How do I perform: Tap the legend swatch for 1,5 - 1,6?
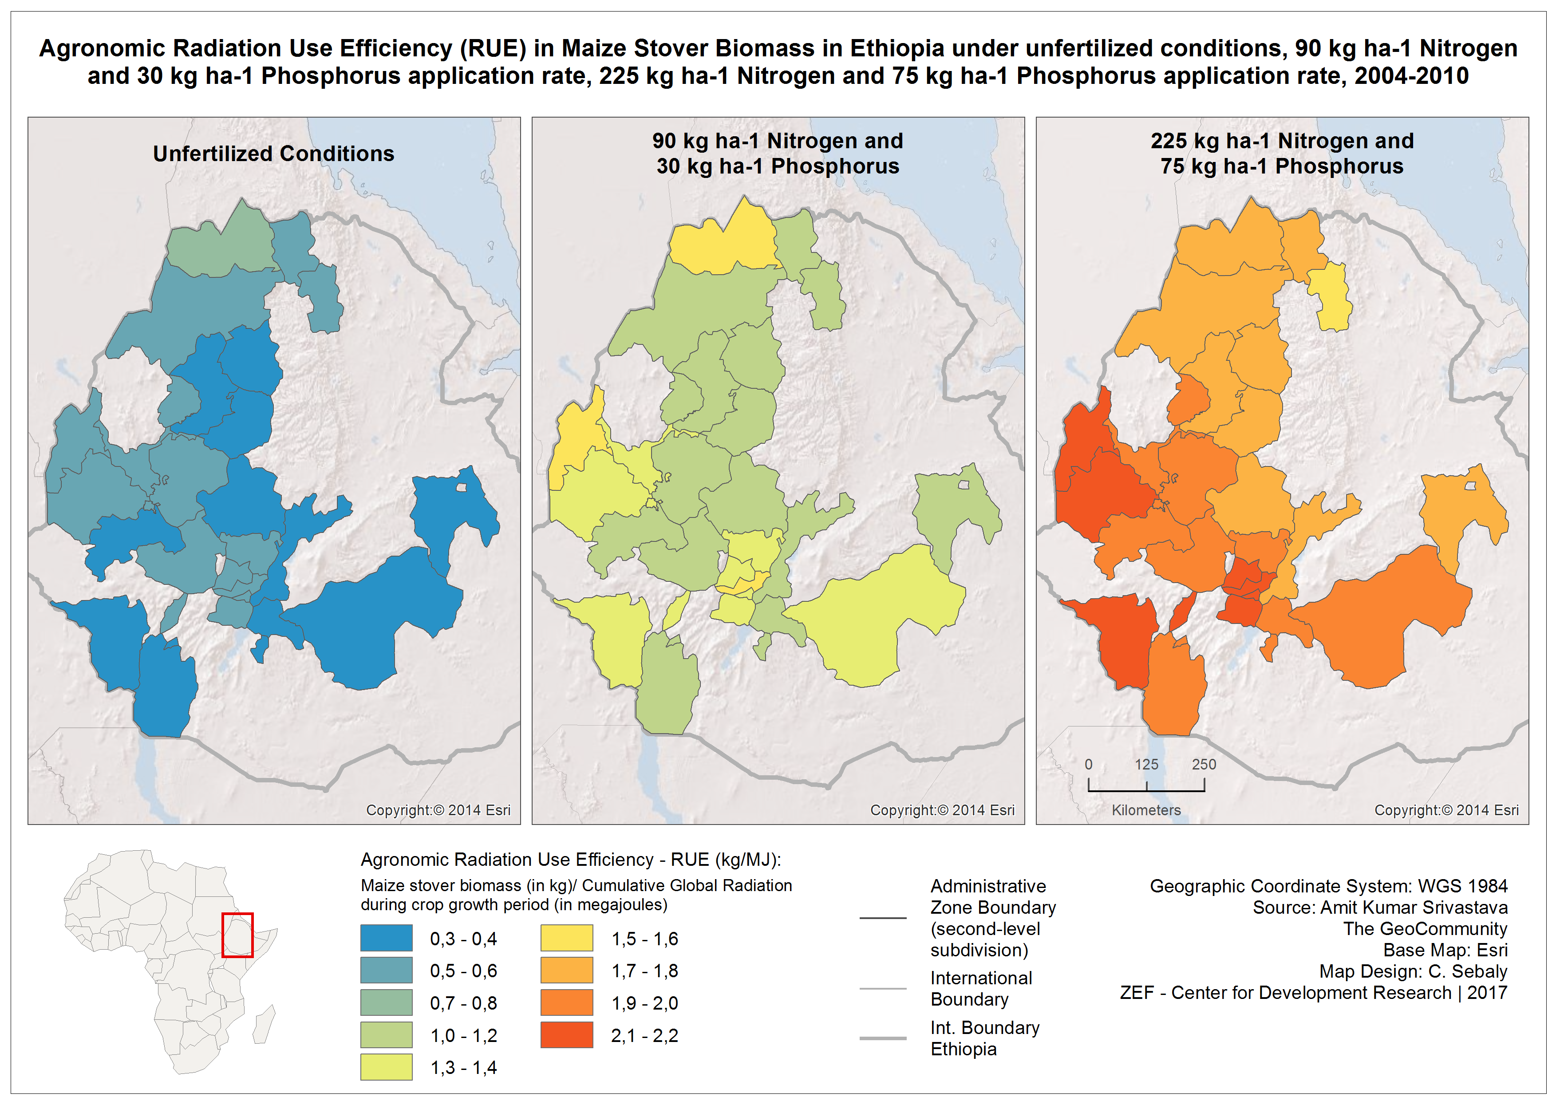tap(566, 938)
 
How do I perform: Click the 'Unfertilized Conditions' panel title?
tap(273, 154)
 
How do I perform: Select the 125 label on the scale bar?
tap(1146, 764)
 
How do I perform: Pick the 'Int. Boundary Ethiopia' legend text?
tap(984, 1038)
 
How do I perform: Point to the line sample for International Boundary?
tap(883, 988)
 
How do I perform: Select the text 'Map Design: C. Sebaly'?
tap(1413, 971)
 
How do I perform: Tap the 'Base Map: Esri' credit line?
tap(1445, 950)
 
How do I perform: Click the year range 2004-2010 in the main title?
tap(1412, 76)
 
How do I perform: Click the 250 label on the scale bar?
tap(1204, 764)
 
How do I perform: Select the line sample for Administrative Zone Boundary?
tap(883, 918)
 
